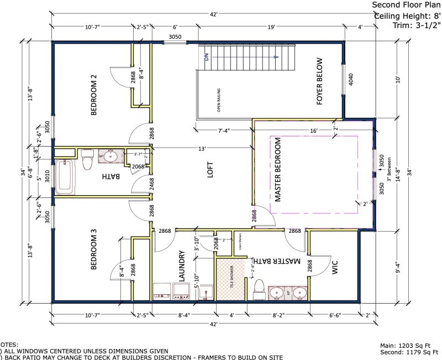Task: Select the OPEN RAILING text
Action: click(219, 100)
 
